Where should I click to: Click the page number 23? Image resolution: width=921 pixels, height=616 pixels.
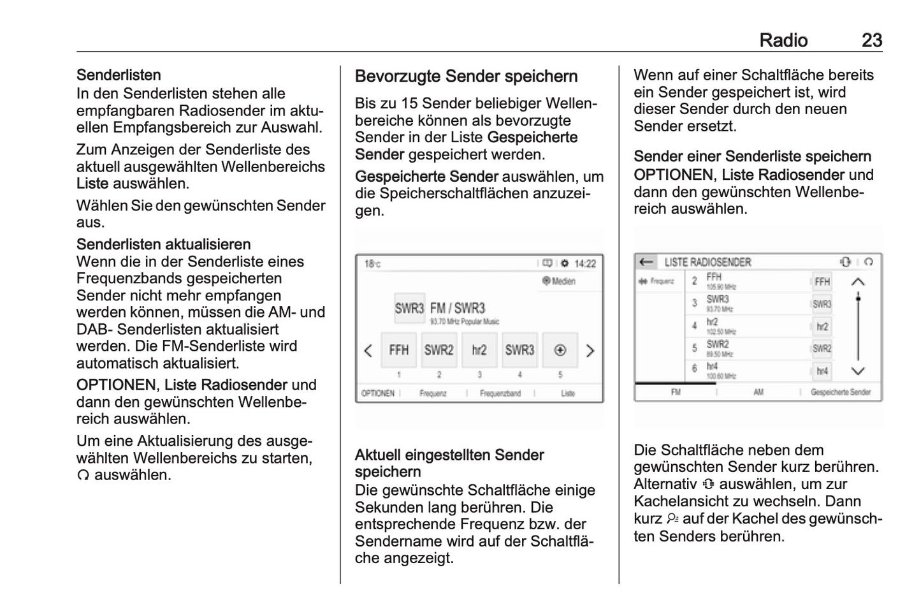click(871, 40)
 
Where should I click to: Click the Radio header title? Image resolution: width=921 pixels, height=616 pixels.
click(783, 40)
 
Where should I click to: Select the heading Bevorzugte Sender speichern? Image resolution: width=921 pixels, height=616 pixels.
click(466, 77)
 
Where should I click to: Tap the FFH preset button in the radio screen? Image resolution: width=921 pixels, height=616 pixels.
click(399, 350)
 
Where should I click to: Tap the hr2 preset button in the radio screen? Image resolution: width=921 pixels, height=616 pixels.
click(479, 350)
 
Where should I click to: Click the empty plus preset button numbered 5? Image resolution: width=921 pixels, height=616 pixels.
click(560, 350)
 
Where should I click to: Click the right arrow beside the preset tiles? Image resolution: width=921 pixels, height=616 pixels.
click(590, 351)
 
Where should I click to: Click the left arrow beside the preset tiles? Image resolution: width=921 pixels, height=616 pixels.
click(368, 351)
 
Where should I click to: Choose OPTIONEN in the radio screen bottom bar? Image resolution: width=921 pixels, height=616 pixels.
click(378, 393)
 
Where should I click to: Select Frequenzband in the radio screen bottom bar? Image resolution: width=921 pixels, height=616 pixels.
click(500, 393)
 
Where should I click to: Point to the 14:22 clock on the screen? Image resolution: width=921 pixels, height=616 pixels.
click(585, 263)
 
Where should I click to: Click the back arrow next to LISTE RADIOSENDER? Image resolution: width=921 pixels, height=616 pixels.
click(646, 262)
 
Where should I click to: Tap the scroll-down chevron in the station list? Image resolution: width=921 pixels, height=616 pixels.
click(858, 371)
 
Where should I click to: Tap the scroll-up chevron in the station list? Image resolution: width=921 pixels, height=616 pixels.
click(858, 281)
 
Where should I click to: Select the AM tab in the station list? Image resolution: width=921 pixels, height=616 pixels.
click(758, 392)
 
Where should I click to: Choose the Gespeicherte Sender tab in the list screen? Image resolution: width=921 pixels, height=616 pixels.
click(840, 392)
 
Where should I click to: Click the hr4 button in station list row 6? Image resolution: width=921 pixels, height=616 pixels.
click(822, 370)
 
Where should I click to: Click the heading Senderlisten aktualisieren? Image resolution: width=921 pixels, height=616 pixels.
click(163, 244)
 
